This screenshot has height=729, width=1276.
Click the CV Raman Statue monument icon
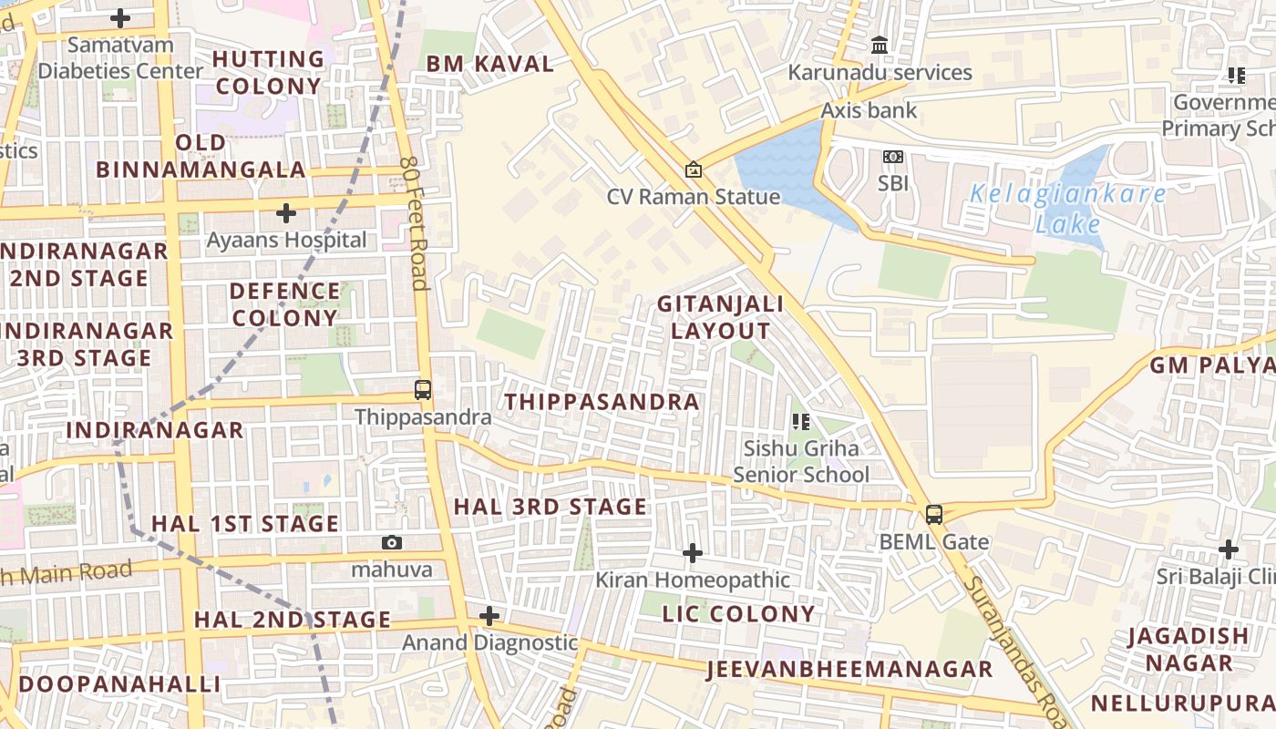click(x=694, y=169)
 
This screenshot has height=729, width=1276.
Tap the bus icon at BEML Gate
click(x=934, y=514)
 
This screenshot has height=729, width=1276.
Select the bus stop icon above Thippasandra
click(x=423, y=390)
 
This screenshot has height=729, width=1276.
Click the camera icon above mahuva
click(x=392, y=543)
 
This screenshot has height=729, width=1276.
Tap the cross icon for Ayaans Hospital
click(x=286, y=213)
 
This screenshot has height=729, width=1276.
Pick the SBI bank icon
click(x=893, y=157)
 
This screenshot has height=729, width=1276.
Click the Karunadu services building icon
click(x=880, y=45)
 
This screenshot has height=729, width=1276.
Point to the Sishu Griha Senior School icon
click(x=801, y=421)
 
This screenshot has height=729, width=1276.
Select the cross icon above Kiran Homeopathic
click(x=693, y=553)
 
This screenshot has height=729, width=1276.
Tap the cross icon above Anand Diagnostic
click(x=489, y=616)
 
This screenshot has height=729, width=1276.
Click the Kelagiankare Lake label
click(x=1067, y=209)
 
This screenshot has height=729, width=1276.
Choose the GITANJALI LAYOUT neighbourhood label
click(x=720, y=317)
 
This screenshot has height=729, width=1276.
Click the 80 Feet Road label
click(x=414, y=222)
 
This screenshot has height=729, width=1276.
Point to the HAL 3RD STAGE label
click(x=551, y=507)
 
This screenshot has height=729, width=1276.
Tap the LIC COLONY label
click(x=738, y=613)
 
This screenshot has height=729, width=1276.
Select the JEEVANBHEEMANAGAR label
click(x=849, y=670)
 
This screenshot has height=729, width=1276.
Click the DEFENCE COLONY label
click(x=284, y=304)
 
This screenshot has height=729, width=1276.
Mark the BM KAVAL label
click(x=489, y=64)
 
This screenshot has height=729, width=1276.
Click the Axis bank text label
click(x=869, y=110)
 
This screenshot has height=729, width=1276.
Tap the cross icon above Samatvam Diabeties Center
click(x=120, y=17)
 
